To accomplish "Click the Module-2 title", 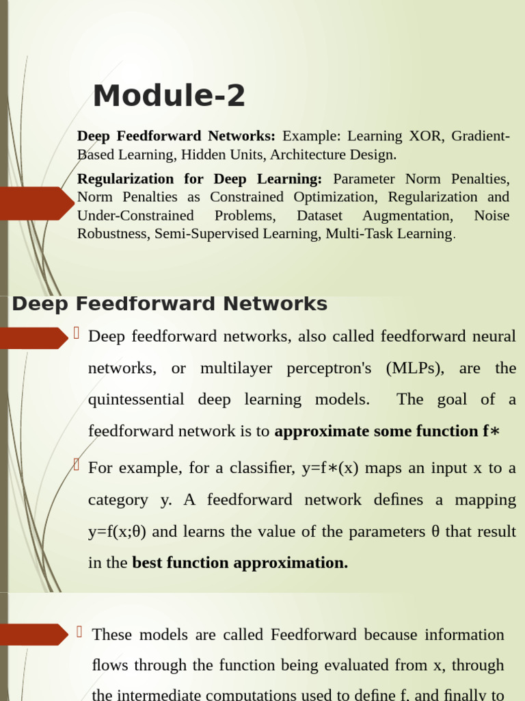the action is [169, 96].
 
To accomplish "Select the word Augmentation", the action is [407, 216].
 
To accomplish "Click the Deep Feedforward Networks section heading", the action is [170, 304].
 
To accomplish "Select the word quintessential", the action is [136, 400].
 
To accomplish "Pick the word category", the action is [118, 500].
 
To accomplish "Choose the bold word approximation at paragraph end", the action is [291, 563].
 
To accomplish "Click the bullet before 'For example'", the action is [77, 466].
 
